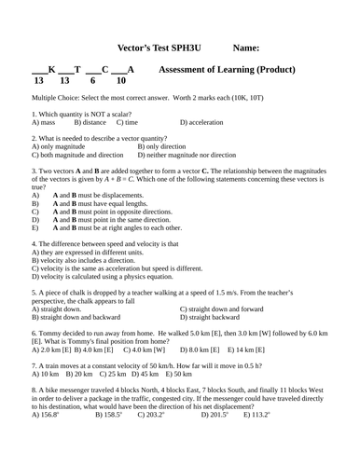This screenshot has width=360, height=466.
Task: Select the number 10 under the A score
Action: coord(120,81)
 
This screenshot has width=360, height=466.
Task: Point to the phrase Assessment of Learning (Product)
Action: coord(228,70)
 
